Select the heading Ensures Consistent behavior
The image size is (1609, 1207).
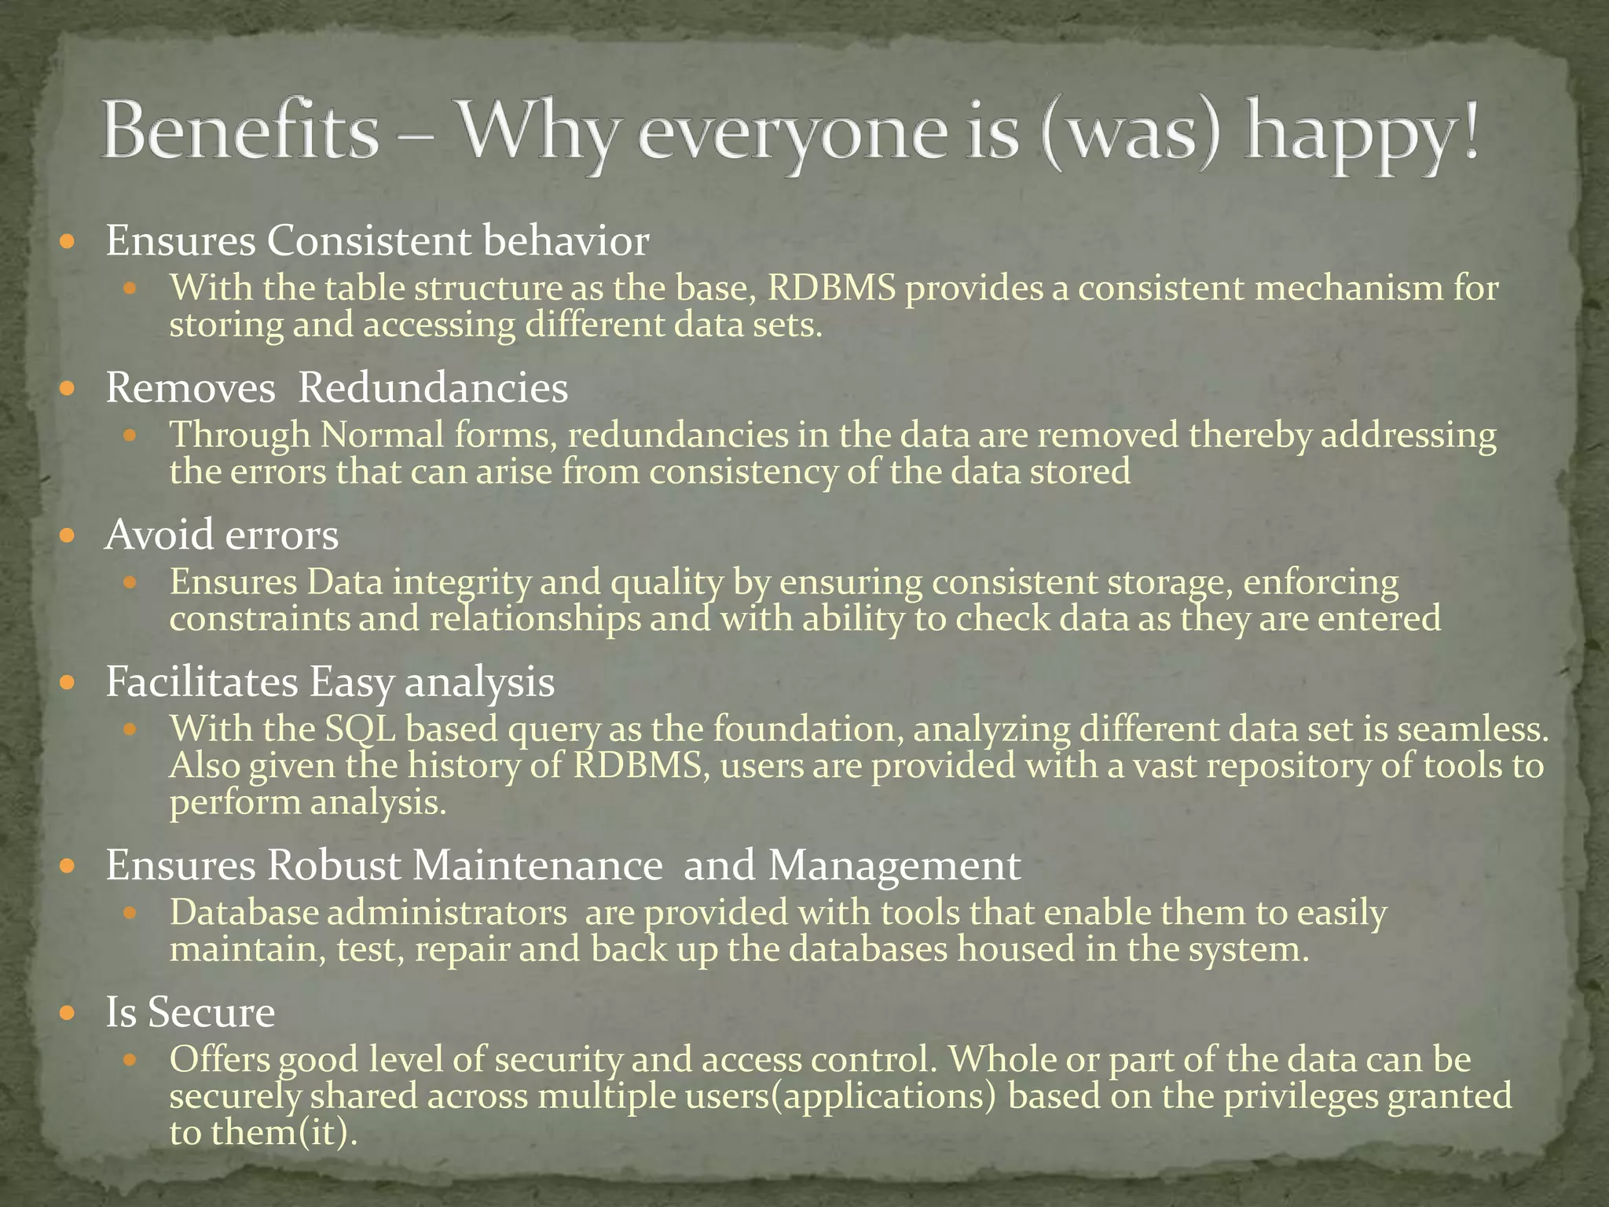(377, 240)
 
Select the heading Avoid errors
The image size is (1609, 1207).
(222, 535)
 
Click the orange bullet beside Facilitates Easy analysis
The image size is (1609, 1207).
(68, 681)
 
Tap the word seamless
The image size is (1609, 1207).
(1473, 729)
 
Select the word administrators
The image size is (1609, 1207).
(447, 913)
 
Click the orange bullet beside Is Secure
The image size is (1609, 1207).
(68, 1011)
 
